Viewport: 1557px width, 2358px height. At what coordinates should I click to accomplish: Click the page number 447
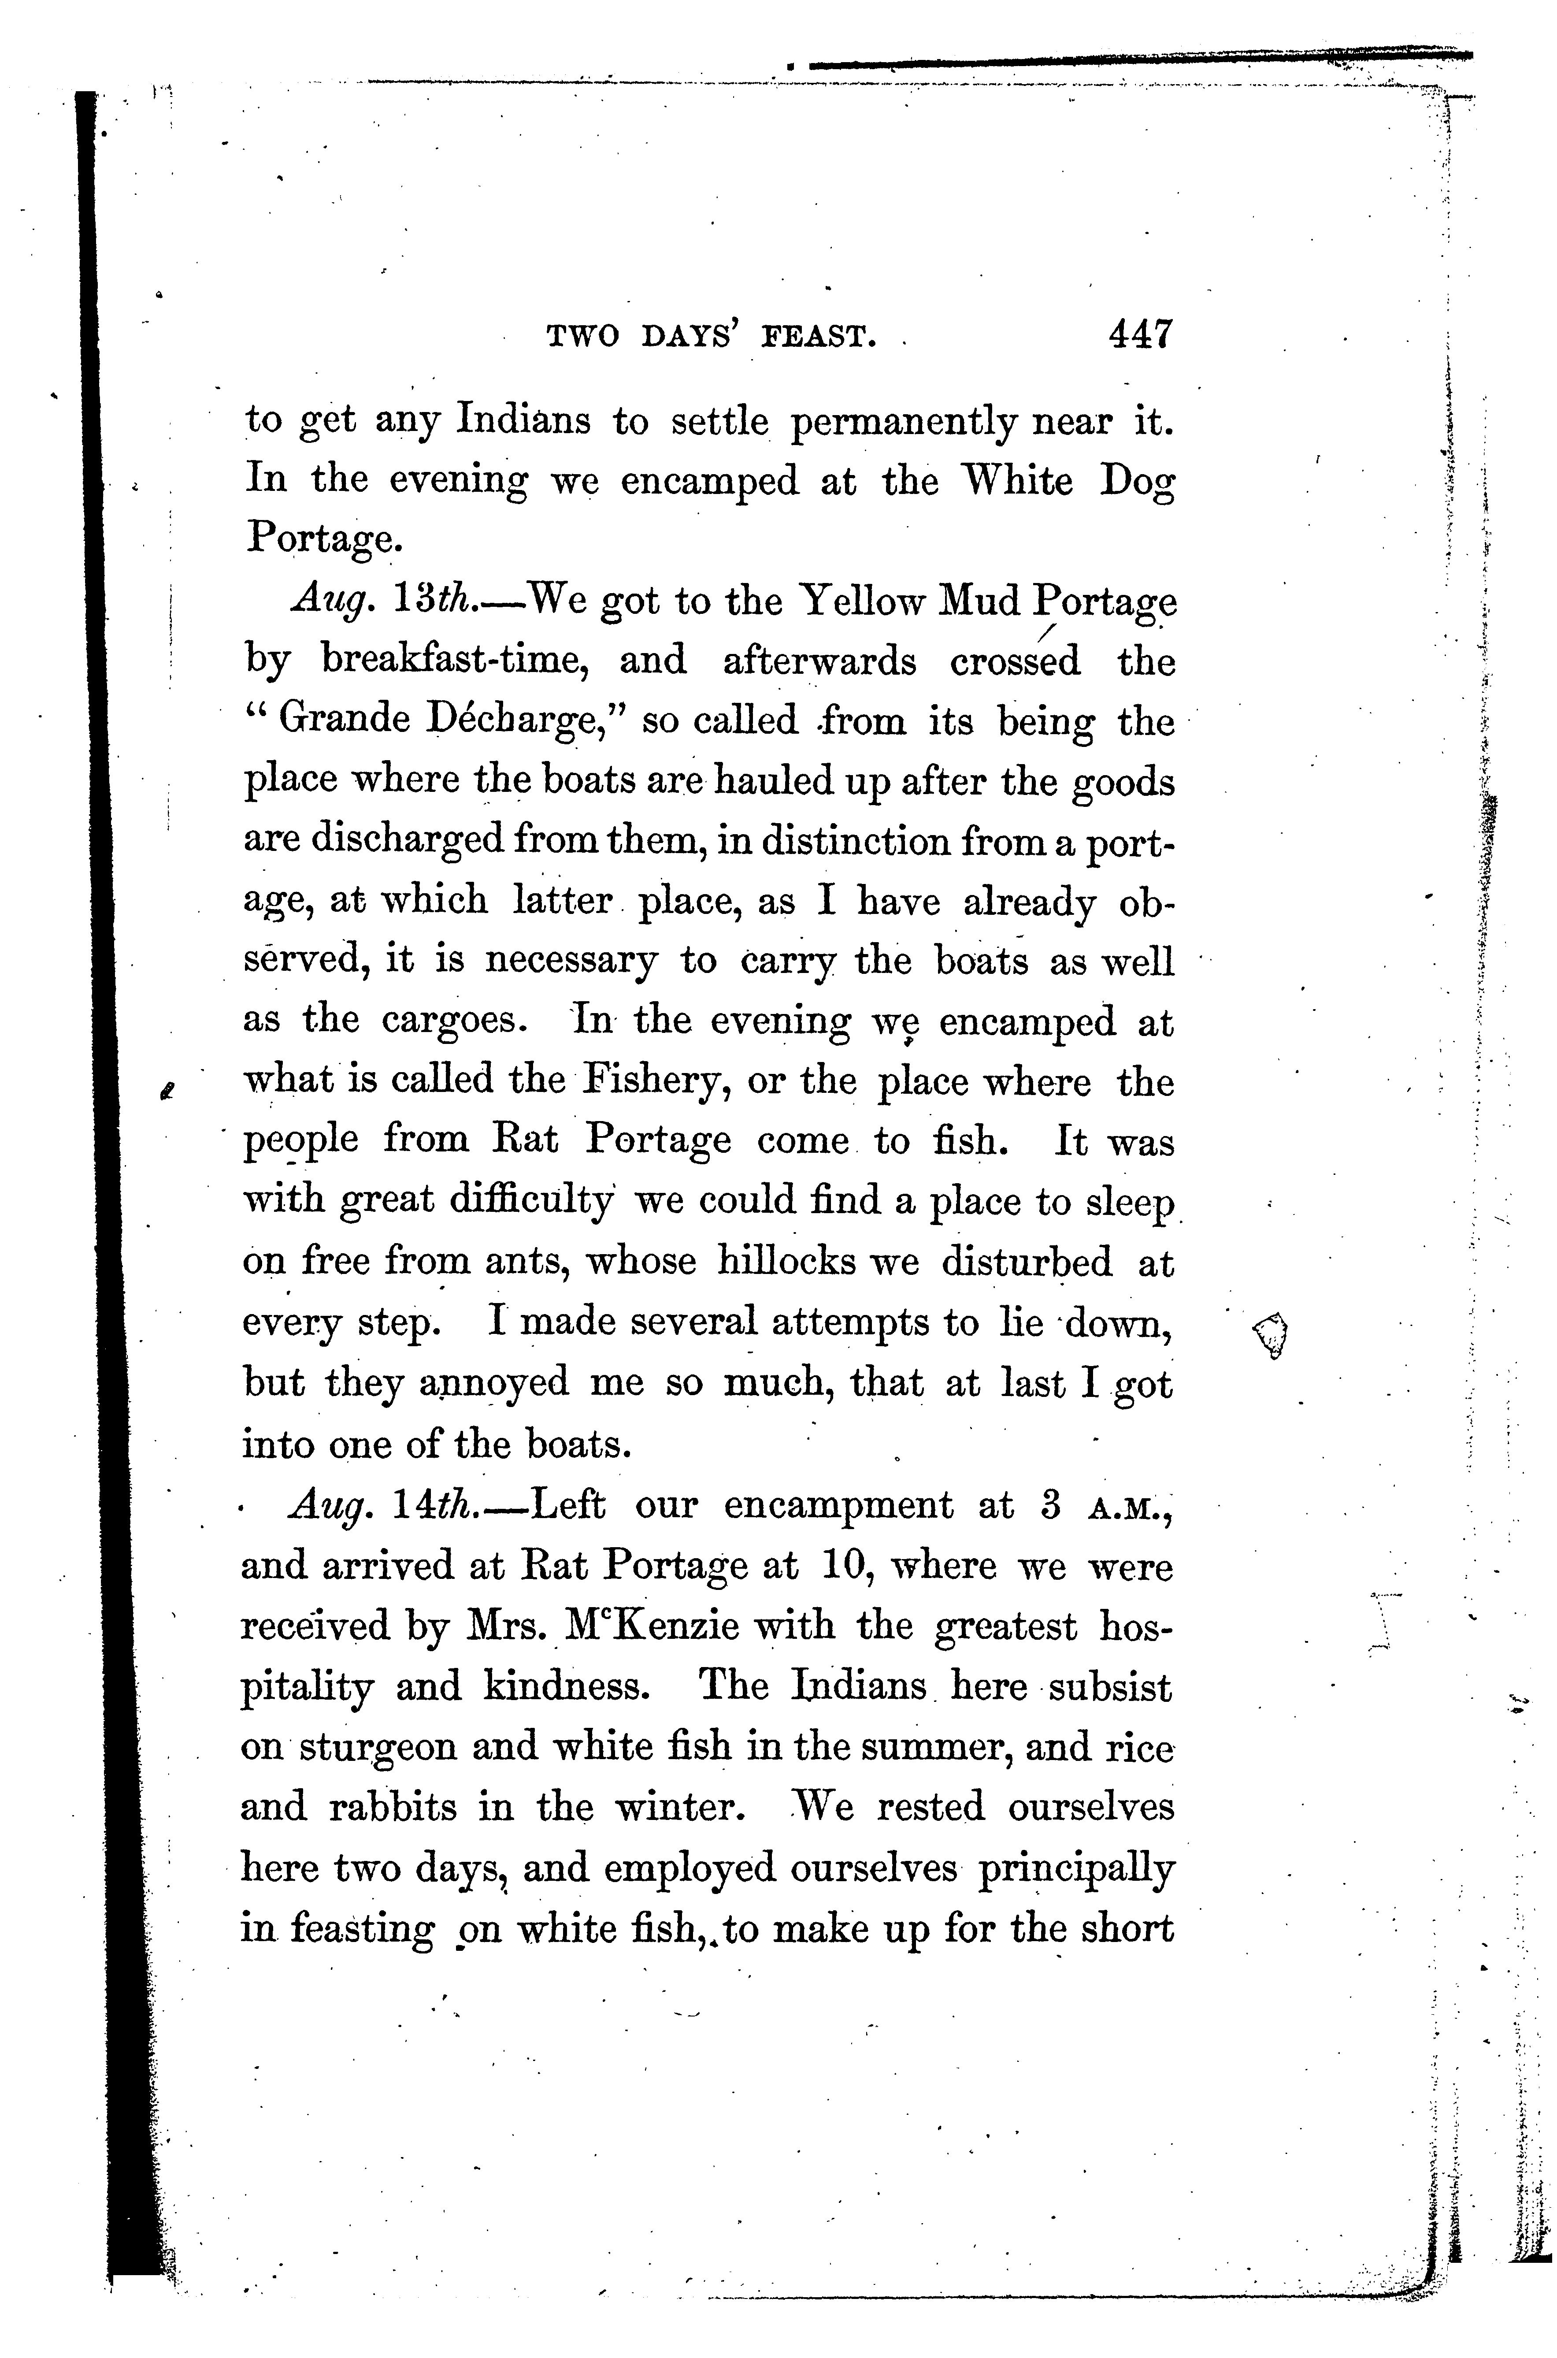coord(1141,335)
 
